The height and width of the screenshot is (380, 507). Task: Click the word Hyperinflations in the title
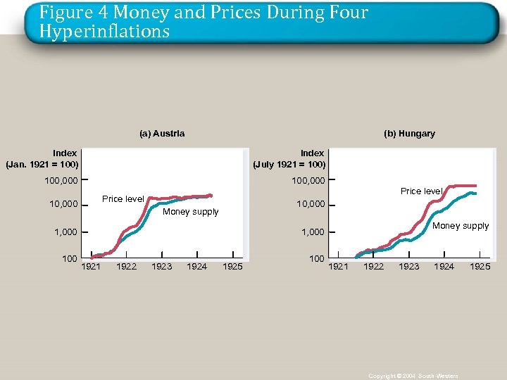click(x=104, y=32)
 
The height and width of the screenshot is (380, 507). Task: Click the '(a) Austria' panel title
click(x=162, y=134)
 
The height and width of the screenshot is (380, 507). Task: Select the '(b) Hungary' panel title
click(x=409, y=134)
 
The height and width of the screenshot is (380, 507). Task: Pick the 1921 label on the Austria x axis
click(x=92, y=267)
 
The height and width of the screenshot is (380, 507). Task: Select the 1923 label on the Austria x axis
click(x=162, y=267)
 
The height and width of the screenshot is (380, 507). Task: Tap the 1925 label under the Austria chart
click(x=232, y=267)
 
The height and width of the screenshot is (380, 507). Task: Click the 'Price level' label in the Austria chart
click(x=123, y=199)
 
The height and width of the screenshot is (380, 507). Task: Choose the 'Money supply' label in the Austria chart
click(x=190, y=212)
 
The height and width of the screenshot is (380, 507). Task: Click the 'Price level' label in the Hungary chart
click(x=421, y=191)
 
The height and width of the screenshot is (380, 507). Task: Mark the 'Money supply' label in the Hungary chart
click(x=461, y=226)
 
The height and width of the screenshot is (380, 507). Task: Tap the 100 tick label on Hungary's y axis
click(x=317, y=259)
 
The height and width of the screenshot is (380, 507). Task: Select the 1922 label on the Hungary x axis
click(x=373, y=267)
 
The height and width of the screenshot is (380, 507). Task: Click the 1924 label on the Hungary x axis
click(x=444, y=267)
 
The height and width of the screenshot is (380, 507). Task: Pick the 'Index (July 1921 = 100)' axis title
click(x=289, y=159)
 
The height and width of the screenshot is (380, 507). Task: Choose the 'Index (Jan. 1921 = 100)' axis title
click(x=42, y=159)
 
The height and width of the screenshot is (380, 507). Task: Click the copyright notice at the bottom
click(x=413, y=376)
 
